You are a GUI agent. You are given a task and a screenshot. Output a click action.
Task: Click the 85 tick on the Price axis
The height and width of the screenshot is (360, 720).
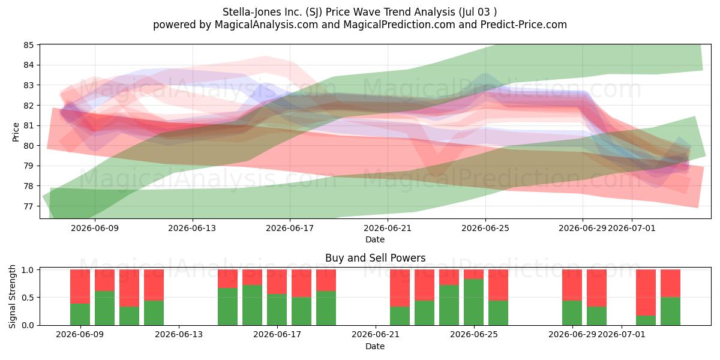coord(28,45)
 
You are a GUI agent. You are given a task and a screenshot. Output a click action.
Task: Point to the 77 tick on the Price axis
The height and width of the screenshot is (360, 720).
coord(28,206)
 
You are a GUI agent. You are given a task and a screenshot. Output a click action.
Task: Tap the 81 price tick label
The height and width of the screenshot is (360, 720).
coord(28,125)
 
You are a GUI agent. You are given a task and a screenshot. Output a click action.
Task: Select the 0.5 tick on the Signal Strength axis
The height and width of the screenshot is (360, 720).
coord(28,298)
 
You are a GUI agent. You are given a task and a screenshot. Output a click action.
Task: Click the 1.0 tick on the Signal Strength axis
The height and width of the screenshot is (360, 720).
coord(28,269)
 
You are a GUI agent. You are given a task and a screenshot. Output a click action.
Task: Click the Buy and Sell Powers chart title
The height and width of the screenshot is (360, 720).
coord(375,258)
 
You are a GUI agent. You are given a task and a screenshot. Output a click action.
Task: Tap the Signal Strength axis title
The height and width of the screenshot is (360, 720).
coord(12,296)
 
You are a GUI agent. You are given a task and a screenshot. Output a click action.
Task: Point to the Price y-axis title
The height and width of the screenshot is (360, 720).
coord(16,132)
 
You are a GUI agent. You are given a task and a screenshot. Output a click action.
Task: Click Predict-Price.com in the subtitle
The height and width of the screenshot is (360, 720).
coord(524,25)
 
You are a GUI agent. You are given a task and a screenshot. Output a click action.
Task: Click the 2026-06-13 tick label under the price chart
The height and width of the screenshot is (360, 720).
coord(192,228)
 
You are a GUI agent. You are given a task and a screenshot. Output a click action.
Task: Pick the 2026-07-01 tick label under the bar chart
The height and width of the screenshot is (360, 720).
coord(622,335)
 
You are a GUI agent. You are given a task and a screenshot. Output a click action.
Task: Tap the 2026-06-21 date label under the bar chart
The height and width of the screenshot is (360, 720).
coord(376,335)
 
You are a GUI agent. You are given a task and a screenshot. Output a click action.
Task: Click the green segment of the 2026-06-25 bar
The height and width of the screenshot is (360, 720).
coord(474,302)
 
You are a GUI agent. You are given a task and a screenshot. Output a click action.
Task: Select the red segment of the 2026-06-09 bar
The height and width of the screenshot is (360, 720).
coord(80,286)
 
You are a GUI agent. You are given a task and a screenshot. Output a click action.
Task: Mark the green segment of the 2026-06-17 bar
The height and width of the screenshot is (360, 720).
coord(277,310)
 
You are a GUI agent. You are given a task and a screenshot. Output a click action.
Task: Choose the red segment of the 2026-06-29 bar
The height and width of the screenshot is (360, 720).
coord(572,285)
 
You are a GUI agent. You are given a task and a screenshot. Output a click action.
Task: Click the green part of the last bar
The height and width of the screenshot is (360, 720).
coord(671,311)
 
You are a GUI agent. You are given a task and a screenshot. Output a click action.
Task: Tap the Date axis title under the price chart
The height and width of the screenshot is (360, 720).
coord(375,239)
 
